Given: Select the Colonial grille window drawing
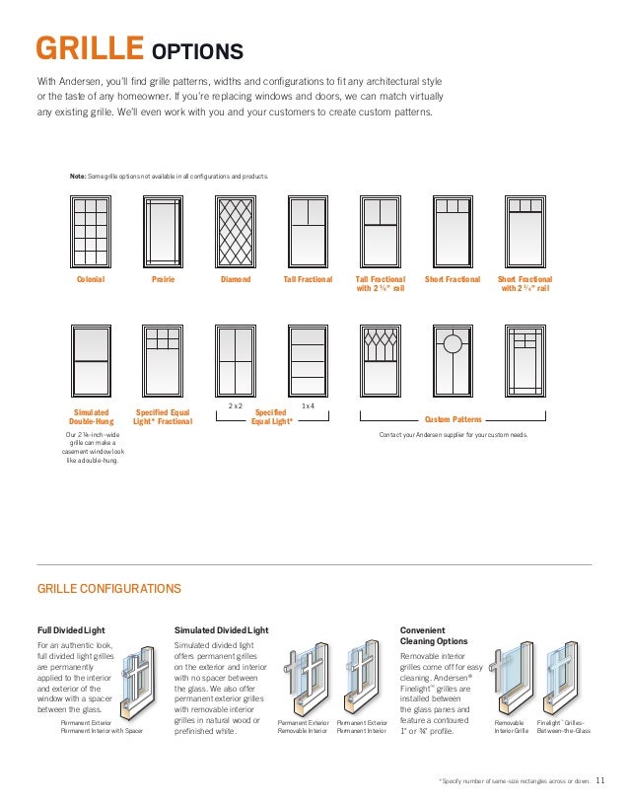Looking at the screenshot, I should pos(90,232).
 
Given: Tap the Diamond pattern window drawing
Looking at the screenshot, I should pos(235,232).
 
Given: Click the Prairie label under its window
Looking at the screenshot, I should pos(163,280).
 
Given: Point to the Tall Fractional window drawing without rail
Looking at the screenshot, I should pos(307,232).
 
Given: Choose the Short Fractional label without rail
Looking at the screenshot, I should pos(452,280).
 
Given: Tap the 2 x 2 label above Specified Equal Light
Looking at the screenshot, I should pos(236,405).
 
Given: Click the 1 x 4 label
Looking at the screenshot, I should pos(307,405).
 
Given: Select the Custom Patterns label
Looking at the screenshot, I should pos(452,418).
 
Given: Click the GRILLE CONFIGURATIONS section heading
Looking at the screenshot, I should pos(108,589).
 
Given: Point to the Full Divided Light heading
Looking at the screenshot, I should pos(71,628).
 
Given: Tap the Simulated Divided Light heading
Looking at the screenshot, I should pos(221,628).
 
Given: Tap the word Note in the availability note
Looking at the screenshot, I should pos(78,176).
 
